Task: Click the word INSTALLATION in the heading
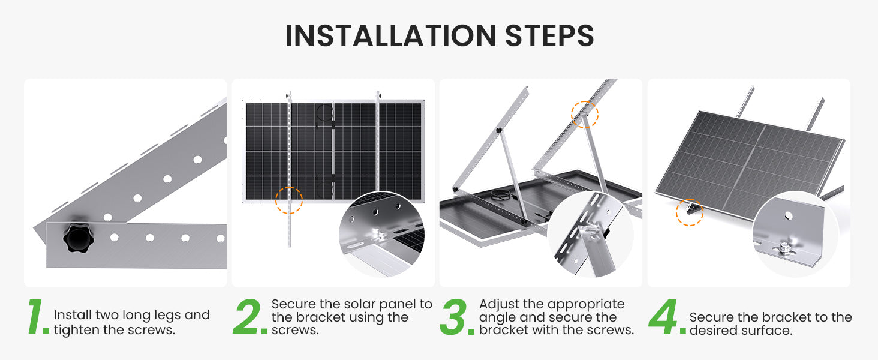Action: (391, 35)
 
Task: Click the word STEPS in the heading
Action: (549, 35)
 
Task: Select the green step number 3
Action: (455, 317)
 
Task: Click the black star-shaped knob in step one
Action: (79, 238)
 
